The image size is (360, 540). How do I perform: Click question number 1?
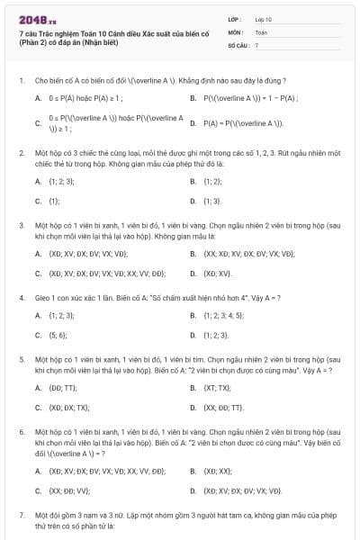tap(21, 80)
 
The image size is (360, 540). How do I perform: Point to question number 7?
tap(21, 514)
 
